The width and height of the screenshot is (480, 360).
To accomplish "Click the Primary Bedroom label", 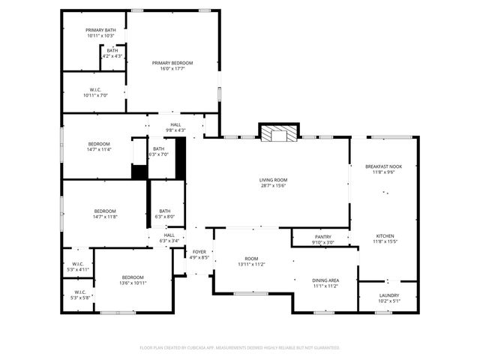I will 172,66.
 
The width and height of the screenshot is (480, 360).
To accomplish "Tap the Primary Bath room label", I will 100,32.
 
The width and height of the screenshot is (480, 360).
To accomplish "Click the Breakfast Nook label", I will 383,169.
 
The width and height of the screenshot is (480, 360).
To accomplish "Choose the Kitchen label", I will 384,238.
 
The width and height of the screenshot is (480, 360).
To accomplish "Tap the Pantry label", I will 323,239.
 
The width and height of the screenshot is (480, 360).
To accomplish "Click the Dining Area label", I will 325,283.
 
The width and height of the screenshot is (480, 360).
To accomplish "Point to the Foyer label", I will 199,255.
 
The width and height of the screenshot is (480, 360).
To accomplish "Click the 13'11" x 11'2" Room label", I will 251,262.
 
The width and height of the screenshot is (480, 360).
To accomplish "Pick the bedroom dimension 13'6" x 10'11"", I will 133,283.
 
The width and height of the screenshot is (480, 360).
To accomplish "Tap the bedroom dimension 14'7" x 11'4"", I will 99,149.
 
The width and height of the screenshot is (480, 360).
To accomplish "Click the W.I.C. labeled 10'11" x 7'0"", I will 96,92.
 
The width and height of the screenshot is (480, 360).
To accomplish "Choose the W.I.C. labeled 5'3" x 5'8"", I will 80,295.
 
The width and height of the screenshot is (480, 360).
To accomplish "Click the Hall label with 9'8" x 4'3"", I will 175,127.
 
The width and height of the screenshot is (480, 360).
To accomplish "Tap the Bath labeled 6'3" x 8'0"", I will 164,214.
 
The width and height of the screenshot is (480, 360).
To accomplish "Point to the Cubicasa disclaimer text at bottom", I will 240,348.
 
